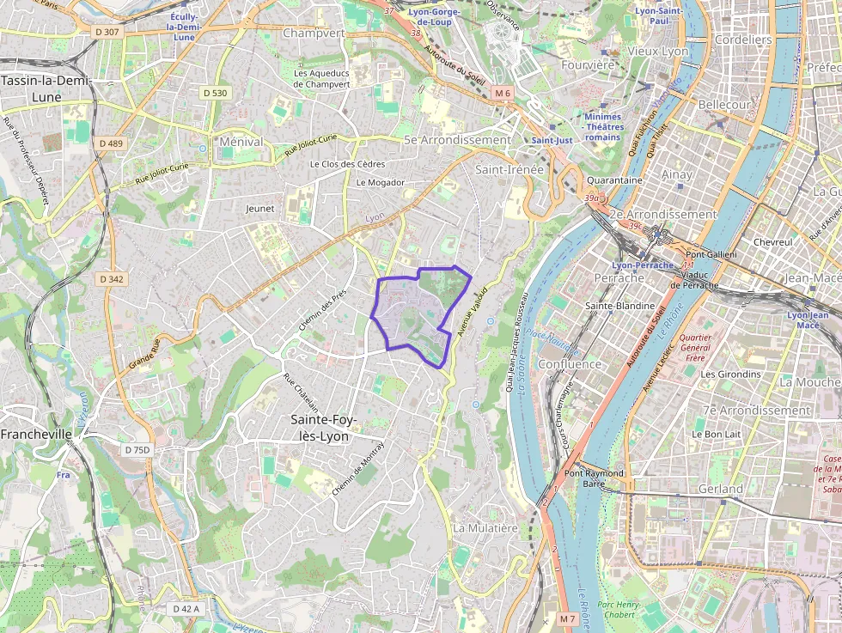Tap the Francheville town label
(x=36, y=435)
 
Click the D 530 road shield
(x=216, y=93)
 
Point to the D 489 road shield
(x=111, y=143)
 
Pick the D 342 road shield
(x=112, y=279)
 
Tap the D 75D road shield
(x=137, y=450)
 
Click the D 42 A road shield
(x=185, y=609)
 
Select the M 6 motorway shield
(x=502, y=93)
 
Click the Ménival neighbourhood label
(x=241, y=141)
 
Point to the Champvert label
(x=314, y=33)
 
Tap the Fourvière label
(x=588, y=64)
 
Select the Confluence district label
(x=569, y=364)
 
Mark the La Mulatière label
(x=485, y=527)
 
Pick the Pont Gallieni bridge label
(x=712, y=254)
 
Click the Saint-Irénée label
(x=509, y=170)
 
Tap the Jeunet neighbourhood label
(x=259, y=208)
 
